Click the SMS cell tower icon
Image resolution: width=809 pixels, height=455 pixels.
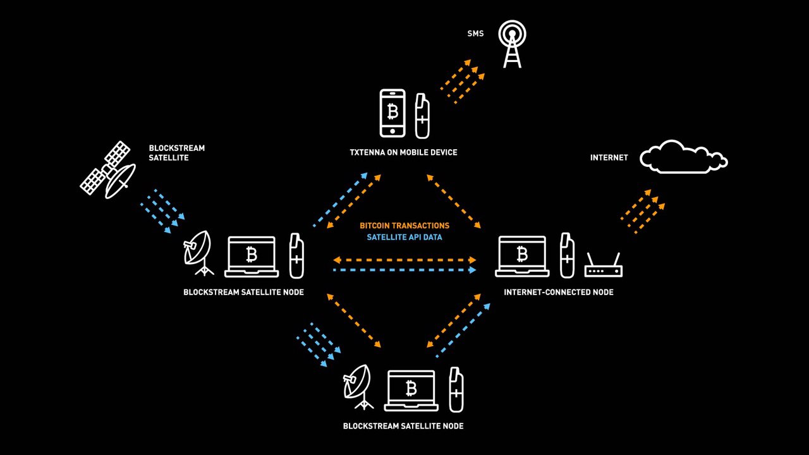(x=512, y=44)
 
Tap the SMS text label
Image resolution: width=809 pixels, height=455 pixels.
(x=475, y=33)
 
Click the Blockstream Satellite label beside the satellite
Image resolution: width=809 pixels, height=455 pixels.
(x=176, y=153)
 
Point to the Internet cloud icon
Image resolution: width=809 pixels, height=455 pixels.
(x=684, y=157)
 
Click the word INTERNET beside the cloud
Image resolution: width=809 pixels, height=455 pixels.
(x=609, y=157)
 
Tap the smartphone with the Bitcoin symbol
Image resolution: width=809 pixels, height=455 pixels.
(x=392, y=113)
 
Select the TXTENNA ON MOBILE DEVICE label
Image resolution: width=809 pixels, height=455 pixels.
(x=403, y=152)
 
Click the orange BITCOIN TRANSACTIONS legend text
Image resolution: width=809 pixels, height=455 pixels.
(x=404, y=226)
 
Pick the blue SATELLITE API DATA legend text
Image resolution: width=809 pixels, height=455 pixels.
(x=404, y=237)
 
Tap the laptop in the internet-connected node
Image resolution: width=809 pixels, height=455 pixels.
(x=522, y=257)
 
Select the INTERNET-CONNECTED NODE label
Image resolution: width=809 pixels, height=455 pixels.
(x=559, y=292)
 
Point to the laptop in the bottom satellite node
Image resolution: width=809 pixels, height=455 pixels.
(x=411, y=391)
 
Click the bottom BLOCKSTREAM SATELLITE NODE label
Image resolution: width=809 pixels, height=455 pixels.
(x=403, y=426)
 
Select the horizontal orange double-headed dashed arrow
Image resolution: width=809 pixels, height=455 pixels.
(x=404, y=260)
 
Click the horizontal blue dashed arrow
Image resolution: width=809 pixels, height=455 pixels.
(x=404, y=270)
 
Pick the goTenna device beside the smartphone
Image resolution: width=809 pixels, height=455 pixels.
(x=422, y=116)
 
